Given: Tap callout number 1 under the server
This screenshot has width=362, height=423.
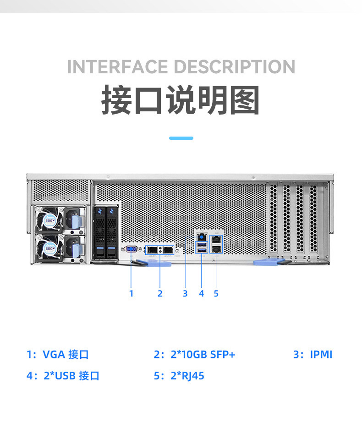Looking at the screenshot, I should [132, 293].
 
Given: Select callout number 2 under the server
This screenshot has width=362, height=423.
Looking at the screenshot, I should [160, 293].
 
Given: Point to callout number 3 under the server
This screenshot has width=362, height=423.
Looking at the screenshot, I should [185, 293].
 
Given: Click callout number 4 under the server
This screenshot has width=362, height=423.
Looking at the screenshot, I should [202, 293].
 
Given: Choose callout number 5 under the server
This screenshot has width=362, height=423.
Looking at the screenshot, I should [216, 293].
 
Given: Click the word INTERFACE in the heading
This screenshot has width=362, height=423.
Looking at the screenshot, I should [117, 67].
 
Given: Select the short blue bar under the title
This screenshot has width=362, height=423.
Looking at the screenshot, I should [181, 137].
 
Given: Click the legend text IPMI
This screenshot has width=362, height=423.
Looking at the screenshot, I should [321, 354].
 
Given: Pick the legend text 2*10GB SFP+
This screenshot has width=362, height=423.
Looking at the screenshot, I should [202, 354].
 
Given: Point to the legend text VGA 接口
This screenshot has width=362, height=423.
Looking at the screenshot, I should [66, 354].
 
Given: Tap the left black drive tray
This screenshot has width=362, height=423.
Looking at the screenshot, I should [99, 233].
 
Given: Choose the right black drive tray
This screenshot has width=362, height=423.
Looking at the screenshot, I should [111, 233].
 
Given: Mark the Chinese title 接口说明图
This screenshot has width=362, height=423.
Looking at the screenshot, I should [181, 99].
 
